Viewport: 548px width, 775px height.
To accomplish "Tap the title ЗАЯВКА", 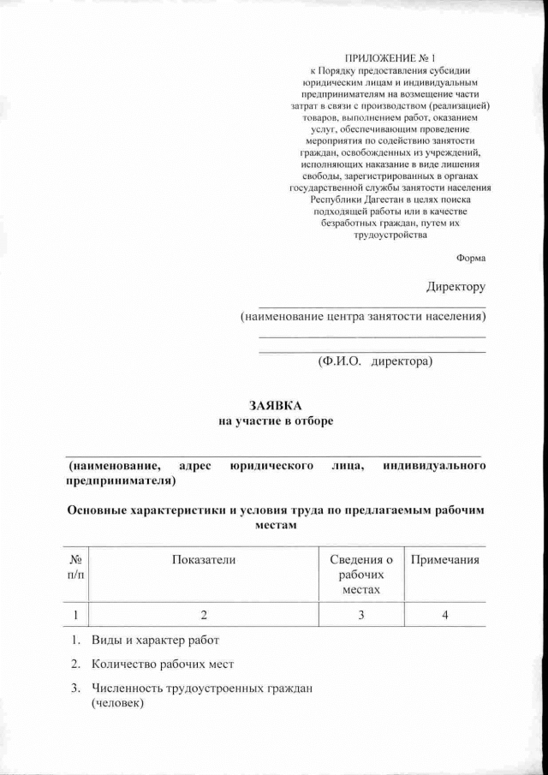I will click(x=275, y=404).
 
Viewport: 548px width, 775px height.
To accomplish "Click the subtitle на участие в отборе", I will click(x=275, y=420).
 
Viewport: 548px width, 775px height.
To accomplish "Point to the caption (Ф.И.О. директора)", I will click(x=375, y=361).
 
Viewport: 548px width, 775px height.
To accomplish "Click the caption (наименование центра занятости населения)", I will click(x=363, y=317).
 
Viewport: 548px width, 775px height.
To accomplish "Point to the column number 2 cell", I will click(x=203, y=614).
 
